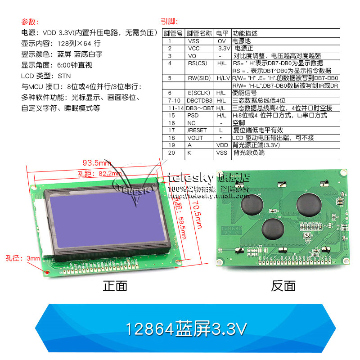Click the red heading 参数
[30, 22]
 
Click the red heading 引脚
[170, 22]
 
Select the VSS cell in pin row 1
[194, 41]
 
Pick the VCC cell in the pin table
[194, 48]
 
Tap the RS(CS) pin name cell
[198, 63]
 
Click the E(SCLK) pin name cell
[198, 93]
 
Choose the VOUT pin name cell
[195, 138]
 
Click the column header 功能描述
[245, 33]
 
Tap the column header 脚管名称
[199, 33]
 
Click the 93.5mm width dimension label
[96, 162]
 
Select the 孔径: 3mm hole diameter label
[22, 258]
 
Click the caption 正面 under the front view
[115, 286]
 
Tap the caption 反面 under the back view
[283, 286]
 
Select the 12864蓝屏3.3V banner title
[186, 329]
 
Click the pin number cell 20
[170, 153]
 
